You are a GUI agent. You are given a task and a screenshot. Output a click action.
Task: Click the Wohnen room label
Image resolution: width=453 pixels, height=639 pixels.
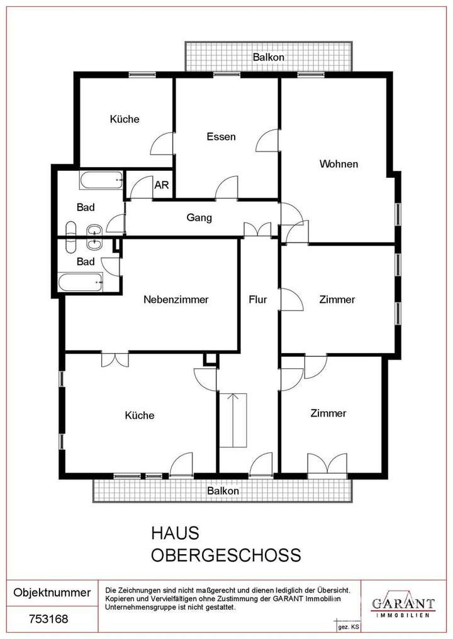tap(338, 164)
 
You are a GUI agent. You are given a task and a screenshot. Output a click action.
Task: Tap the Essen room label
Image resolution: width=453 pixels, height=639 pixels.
tap(221, 136)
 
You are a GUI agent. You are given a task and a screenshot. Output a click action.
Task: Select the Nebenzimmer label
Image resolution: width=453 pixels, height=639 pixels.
tap(176, 300)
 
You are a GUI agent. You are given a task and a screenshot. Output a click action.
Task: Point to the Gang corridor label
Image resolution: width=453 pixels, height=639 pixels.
tap(199, 218)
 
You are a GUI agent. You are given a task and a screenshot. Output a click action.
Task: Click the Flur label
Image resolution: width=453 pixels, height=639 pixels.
tap(258, 300)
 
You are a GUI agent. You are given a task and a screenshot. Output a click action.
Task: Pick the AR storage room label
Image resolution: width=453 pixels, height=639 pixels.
tap(162, 185)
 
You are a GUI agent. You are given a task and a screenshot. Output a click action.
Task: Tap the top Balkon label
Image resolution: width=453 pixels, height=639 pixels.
tap(269, 57)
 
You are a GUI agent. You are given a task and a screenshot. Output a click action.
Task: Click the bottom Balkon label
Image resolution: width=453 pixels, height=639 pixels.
tap(223, 491)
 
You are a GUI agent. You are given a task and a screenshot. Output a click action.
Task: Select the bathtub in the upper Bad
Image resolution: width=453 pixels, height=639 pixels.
tap(101, 180)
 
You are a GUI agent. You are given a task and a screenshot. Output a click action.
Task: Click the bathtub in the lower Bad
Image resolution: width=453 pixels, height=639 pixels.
tap(80, 283)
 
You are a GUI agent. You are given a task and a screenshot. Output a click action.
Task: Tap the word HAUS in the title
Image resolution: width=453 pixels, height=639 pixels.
tap(174, 533)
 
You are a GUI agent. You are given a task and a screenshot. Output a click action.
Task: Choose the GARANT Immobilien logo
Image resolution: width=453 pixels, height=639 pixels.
tap(403, 603)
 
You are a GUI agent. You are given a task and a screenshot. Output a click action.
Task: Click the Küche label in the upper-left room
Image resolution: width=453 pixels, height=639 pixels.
tap(125, 119)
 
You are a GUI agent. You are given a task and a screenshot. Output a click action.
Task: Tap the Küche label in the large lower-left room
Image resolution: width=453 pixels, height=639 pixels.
tap(140, 415)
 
